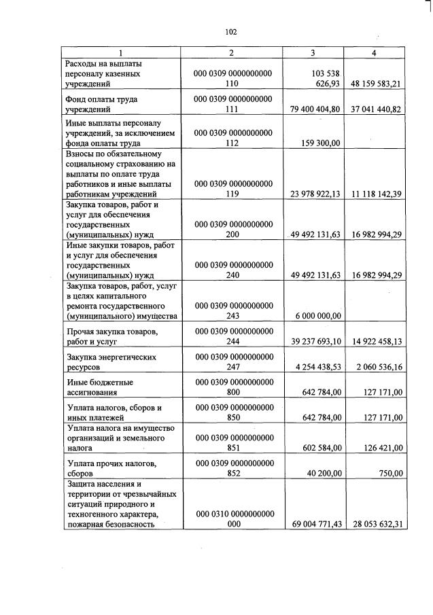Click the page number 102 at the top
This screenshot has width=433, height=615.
[230, 31]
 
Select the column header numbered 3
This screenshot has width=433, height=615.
[312, 52]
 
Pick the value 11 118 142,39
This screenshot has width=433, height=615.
[376, 194]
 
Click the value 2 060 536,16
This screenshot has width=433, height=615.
[376, 368]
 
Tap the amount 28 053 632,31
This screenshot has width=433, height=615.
[376, 524]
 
